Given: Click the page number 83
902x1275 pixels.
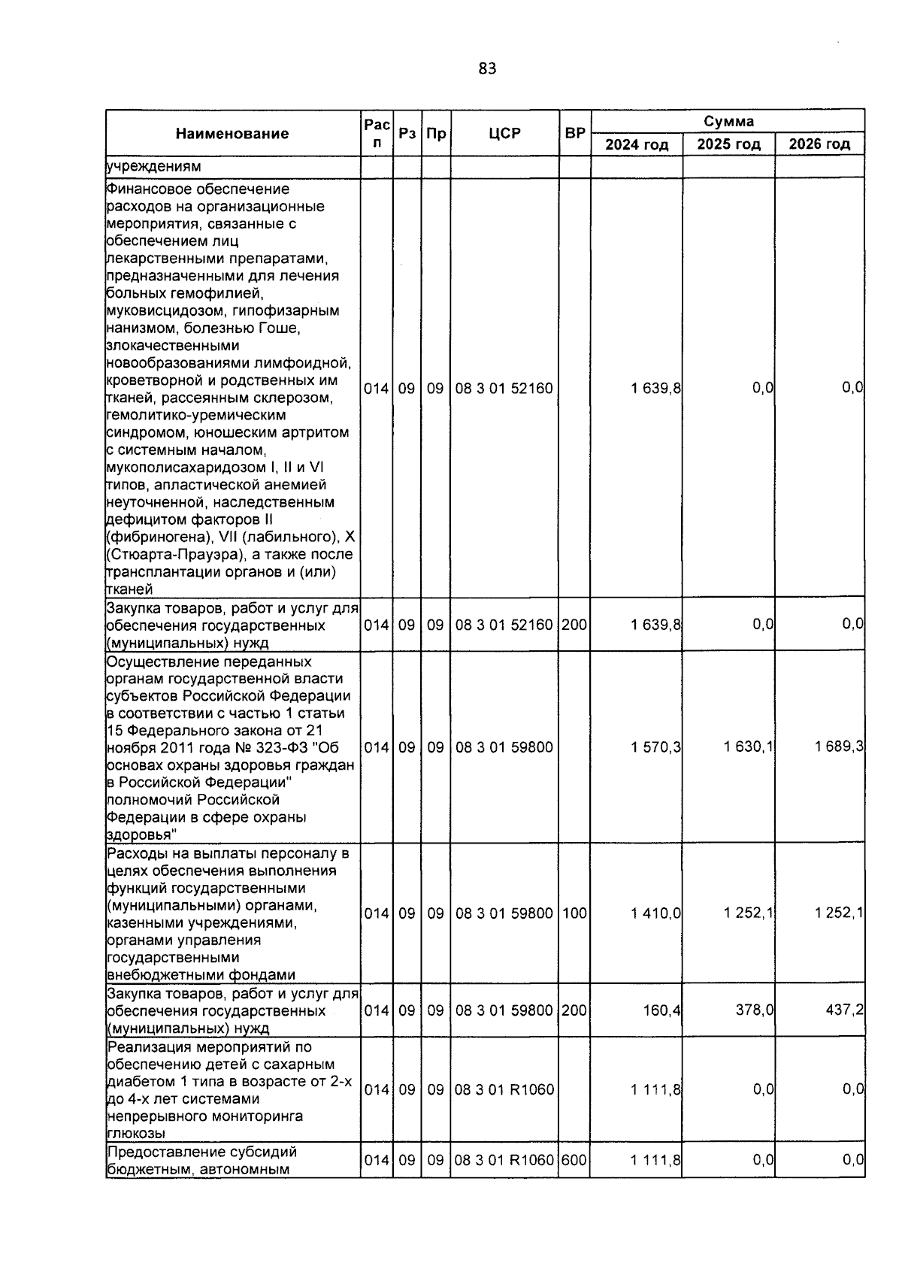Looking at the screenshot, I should (487, 69).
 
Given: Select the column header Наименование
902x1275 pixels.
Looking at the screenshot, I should (232, 134).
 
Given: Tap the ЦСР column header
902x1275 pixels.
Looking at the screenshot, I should (504, 134).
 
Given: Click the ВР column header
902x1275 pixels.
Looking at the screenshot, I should (575, 134).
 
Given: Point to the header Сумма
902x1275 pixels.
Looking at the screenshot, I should (728, 121).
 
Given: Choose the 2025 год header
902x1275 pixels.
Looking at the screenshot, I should (728, 144).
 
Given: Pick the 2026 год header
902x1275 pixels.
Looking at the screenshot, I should (819, 144).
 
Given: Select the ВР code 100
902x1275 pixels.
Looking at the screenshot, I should (575, 913).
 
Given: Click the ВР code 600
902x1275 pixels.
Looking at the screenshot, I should (575, 1161).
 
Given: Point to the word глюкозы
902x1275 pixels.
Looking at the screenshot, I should (136, 1134).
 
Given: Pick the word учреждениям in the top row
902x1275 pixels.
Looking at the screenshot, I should (154, 167).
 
